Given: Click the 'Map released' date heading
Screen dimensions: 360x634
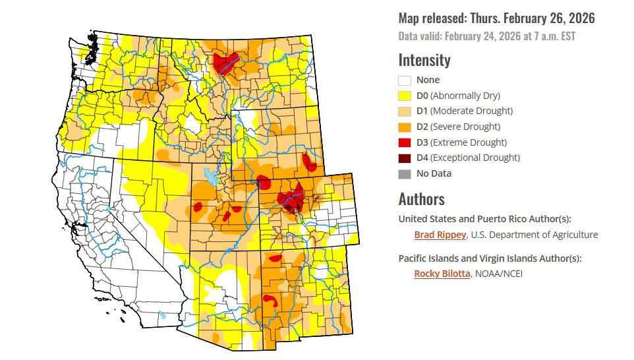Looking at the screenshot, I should [496, 18].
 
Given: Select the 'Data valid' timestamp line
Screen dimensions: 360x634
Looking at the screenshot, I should [487, 36].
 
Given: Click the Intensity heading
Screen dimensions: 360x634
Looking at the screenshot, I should [424, 61].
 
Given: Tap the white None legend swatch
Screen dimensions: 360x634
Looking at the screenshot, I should [405, 80].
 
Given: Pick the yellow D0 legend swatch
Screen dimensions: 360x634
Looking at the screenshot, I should [405, 96].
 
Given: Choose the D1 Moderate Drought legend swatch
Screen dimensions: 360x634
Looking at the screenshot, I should [405, 111].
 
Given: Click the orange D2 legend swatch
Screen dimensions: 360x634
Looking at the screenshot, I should [405, 127].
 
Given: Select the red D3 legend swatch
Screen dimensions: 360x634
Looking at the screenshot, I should [405, 142].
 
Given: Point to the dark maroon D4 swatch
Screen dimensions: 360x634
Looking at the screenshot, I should [405, 158].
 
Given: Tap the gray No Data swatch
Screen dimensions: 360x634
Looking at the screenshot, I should [405, 174].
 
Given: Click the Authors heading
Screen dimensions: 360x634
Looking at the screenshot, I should [422, 199].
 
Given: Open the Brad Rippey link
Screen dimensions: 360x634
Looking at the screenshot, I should [440, 235].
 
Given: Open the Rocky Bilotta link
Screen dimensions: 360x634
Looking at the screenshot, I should [442, 274].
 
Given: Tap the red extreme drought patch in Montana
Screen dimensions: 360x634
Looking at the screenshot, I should [224, 64].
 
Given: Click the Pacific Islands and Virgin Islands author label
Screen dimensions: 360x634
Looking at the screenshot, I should [490, 258].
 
